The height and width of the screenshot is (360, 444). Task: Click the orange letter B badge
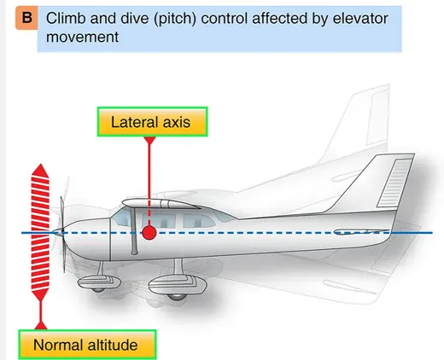[26, 18]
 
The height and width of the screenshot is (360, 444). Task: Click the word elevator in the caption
[360, 19]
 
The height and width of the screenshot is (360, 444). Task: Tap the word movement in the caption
[82, 38]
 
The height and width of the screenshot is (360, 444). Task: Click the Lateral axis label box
[152, 122]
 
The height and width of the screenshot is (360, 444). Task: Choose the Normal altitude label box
[87, 345]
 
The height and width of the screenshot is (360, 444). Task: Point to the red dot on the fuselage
[149, 233]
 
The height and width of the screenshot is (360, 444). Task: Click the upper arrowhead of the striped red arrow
[40, 171]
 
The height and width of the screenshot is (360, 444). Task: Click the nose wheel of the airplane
[98, 289]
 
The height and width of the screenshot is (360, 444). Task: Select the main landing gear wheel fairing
[178, 286]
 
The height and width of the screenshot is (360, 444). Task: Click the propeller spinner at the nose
[58, 233]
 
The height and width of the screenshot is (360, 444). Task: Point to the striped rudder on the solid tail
[394, 183]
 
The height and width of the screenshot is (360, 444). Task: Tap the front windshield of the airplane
[121, 217]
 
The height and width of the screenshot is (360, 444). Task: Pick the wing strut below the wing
[134, 231]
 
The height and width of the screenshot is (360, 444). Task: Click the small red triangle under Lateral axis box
[149, 140]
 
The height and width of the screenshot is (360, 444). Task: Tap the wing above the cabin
[161, 204]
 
